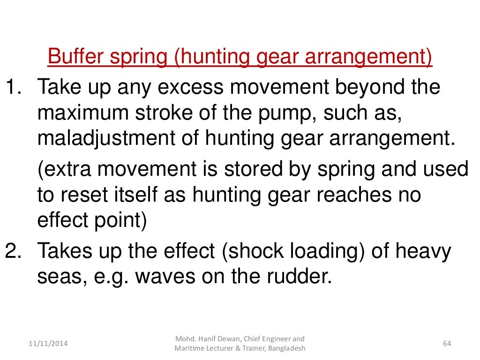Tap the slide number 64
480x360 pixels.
click(447, 344)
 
